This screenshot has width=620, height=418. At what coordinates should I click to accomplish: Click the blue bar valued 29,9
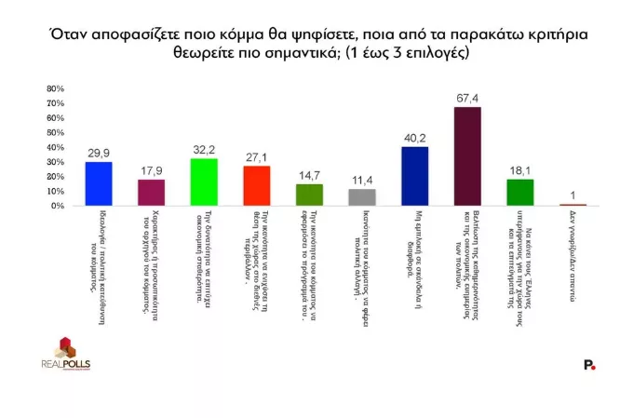click(x=98, y=183)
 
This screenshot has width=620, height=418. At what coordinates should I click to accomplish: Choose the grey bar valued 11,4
click(x=361, y=197)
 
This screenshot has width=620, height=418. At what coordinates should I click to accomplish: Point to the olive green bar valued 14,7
click(x=309, y=195)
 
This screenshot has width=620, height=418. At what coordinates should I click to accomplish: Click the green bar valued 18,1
click(x=519, y=192)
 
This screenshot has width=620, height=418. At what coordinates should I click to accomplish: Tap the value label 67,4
click(x=467, y=98)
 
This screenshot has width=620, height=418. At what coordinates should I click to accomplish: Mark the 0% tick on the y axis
click(x=56, y=206)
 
